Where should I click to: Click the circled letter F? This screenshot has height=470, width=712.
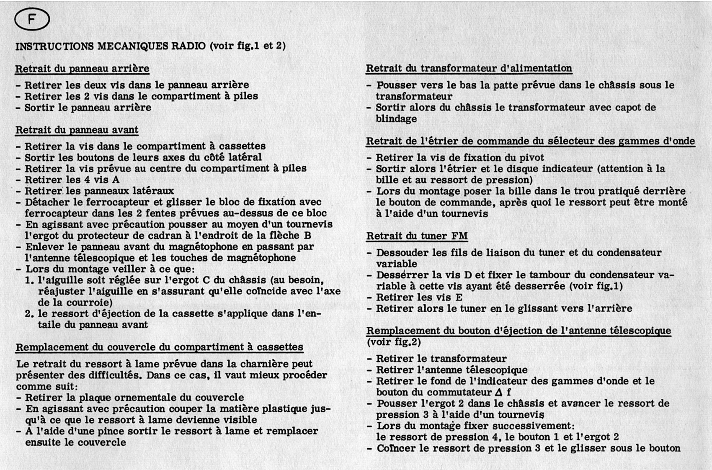click(x=32, y=20)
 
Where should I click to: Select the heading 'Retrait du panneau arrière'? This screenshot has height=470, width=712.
click(x=82, y=68)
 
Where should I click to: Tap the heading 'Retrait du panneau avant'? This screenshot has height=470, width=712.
click(x=77, y=130)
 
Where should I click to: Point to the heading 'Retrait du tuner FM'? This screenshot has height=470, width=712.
click(x=417, y=236)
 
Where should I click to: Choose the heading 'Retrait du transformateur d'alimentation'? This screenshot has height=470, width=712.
click(x=469, y=68)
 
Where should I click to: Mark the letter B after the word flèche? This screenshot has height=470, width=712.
click(x=308, y=235)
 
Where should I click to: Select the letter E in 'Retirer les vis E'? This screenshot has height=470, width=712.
click(x=459, y=298)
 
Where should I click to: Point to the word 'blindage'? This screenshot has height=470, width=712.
click(x=396, y=119)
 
